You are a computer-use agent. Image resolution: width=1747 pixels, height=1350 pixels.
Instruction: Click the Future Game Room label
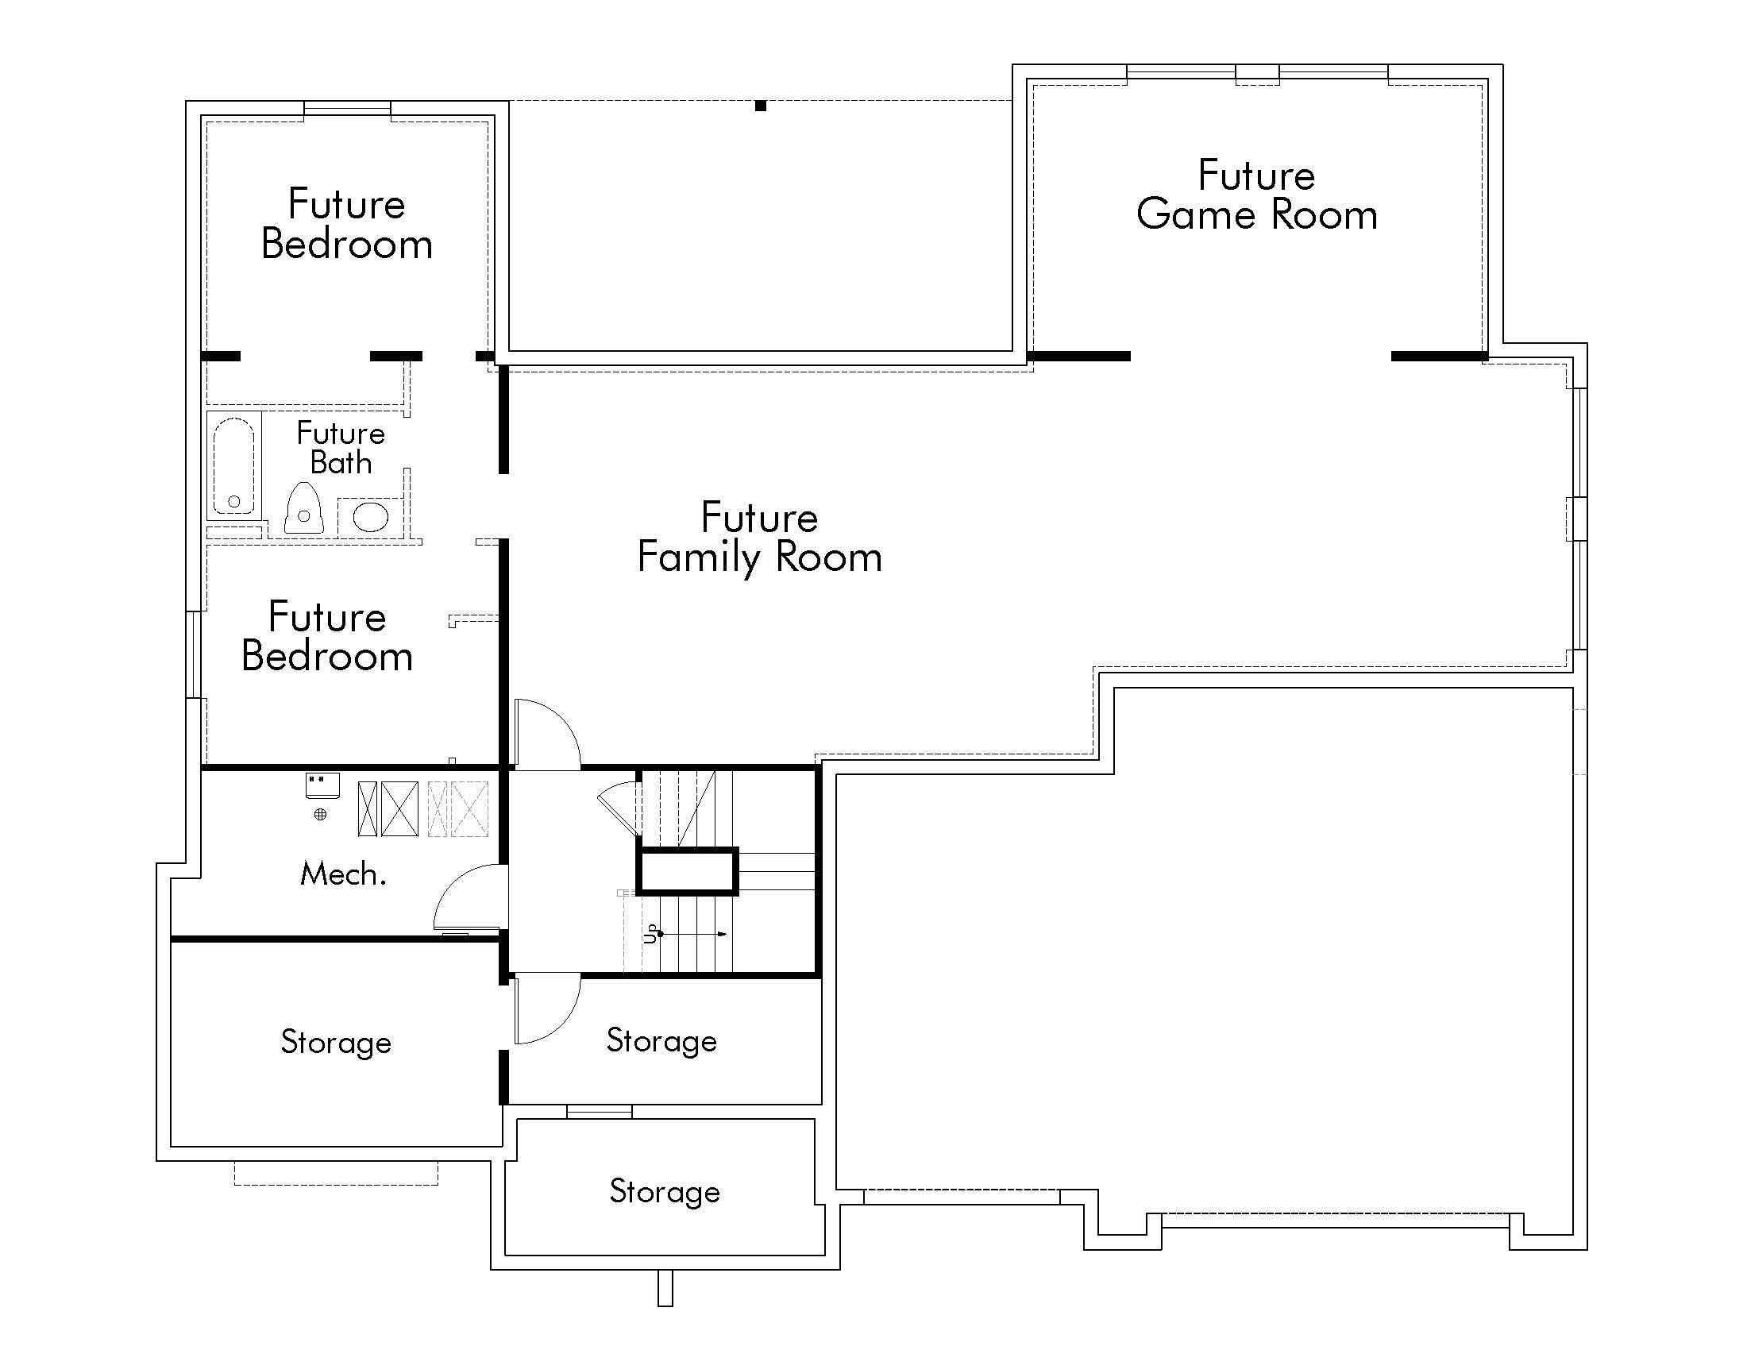pyautogui.click(x=1256, y=196)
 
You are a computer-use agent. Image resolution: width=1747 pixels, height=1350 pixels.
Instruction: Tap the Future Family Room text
pyautogui.click(x=759, y=538)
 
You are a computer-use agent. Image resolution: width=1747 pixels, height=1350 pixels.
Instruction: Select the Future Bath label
pyautogui.click(x=341, y=448)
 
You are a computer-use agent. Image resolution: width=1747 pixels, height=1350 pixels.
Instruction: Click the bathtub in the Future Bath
pyautogui.click(x=233, y=466)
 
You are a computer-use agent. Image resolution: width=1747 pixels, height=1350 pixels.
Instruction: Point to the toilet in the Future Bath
pyautogui.click(x=304, y=509)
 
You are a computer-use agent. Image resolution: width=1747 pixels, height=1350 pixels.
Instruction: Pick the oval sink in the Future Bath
pyautogui.click(x=370, y=517)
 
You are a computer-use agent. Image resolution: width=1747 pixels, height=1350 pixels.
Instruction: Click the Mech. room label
pyautogui.click(x=343, y=874)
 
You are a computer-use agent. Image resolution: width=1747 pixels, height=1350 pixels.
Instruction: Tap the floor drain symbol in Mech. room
pyautogui.click(x=320, y=814)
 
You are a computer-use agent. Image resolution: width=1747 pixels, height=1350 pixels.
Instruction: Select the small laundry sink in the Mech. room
pyautogui.click(x=322, y=785)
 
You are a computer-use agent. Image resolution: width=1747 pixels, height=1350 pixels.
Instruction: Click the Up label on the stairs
pyautogui.click(x=651, y=933)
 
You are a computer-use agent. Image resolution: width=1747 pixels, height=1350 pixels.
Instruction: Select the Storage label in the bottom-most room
pyautogui.click(x=665, y=1192)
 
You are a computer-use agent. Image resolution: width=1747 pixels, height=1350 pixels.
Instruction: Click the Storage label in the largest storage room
pyautogui.click(x=336, y=1043)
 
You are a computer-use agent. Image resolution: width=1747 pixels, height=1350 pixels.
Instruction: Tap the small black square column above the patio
pyautogui.click(x=761, y=106)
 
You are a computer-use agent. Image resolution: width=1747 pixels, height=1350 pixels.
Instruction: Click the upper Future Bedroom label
pyautogui.click(x=346, y=224)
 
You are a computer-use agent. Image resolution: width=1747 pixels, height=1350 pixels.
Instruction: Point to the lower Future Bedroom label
pyautogui.click(x=327, y=637)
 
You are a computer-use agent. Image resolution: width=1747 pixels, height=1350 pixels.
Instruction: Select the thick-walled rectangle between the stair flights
pyautogui.click(x=687, y=871)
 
